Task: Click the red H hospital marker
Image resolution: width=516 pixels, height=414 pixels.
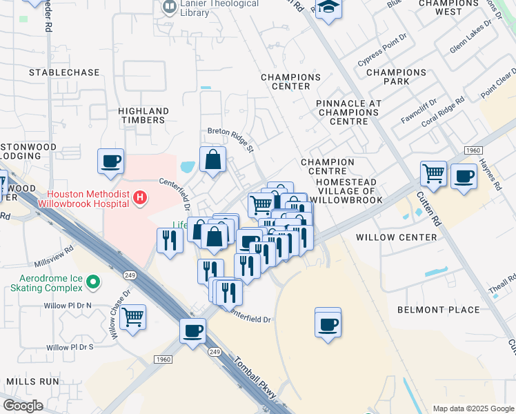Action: coord(140,198)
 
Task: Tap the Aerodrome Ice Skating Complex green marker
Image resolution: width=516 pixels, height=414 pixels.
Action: coord(95,282)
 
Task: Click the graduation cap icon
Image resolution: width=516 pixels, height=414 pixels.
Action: coord(329,8)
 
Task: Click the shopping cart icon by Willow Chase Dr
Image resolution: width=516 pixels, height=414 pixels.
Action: coord(132,317)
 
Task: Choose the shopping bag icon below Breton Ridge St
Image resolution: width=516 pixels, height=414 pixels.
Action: coord(213,159)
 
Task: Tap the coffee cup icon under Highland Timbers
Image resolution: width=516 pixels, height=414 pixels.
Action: coord(110,161)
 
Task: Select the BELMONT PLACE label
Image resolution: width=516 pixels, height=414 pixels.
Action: coord(438,310)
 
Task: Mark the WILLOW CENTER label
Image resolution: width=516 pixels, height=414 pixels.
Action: coord(397,237)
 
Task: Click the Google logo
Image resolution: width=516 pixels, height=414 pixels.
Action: coord(23,405)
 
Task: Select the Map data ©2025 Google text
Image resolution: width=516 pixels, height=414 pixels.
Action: coord(473,408)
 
